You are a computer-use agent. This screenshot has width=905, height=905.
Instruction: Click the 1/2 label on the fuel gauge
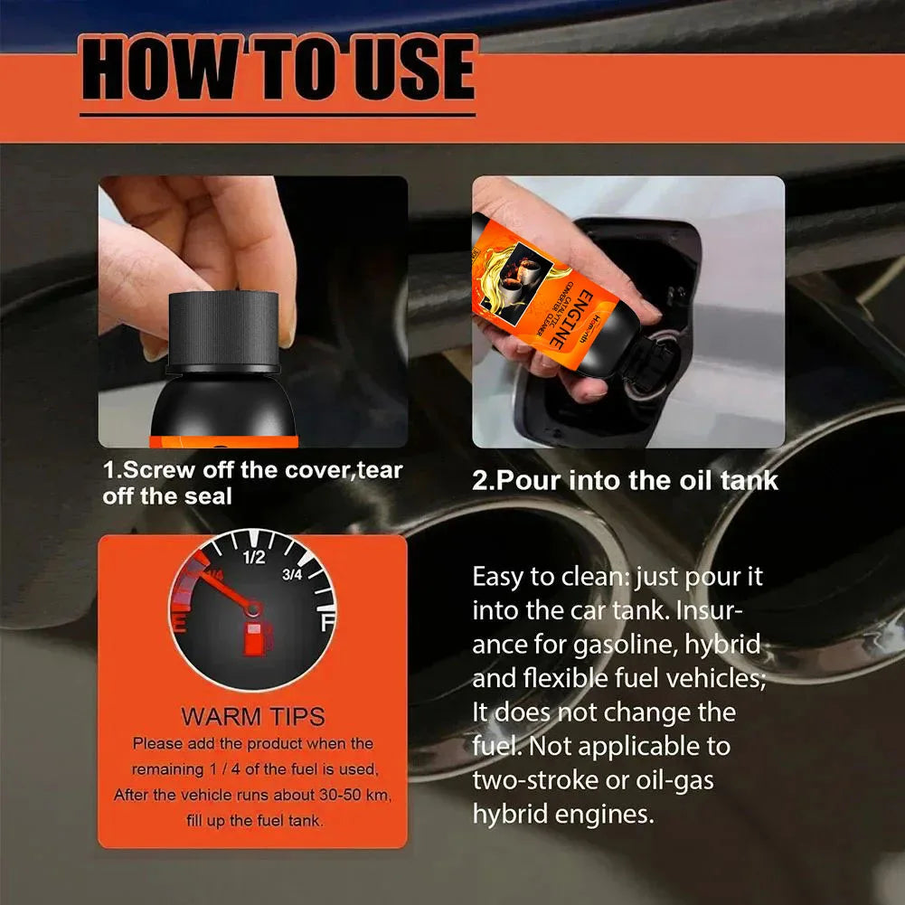[254, 557]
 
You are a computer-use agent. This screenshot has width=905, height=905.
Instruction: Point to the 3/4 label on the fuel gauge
[291, 574]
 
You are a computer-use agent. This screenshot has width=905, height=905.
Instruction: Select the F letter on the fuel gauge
[327, 623]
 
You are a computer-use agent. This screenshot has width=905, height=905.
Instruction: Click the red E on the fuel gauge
[180, 624]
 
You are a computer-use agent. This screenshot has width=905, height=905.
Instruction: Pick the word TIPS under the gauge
[297, 717]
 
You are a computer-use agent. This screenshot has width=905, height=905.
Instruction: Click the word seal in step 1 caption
[208, 496]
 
